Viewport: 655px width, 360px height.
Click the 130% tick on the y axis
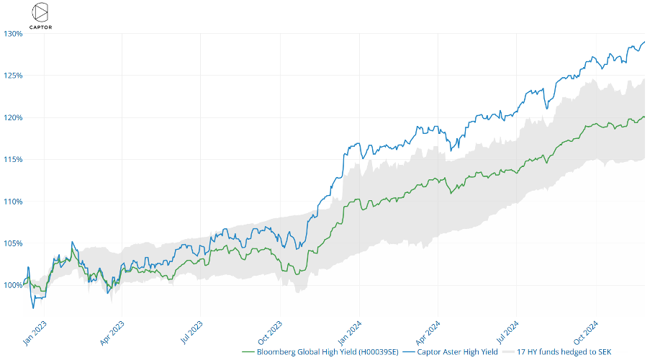click(x=12, y=34)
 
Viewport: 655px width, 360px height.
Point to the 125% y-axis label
click(x=12, y=76)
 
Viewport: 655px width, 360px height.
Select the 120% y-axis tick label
click(x=12, y=117)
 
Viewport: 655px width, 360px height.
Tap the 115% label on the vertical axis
click(x=12, y=159)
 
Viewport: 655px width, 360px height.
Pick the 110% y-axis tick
click(x=12, y=202)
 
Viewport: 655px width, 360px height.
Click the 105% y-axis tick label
click(x=12, y=243)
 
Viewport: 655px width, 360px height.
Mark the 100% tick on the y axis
click(x=12, y=285)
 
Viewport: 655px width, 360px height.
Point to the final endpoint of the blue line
click(x=644, y=42)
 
